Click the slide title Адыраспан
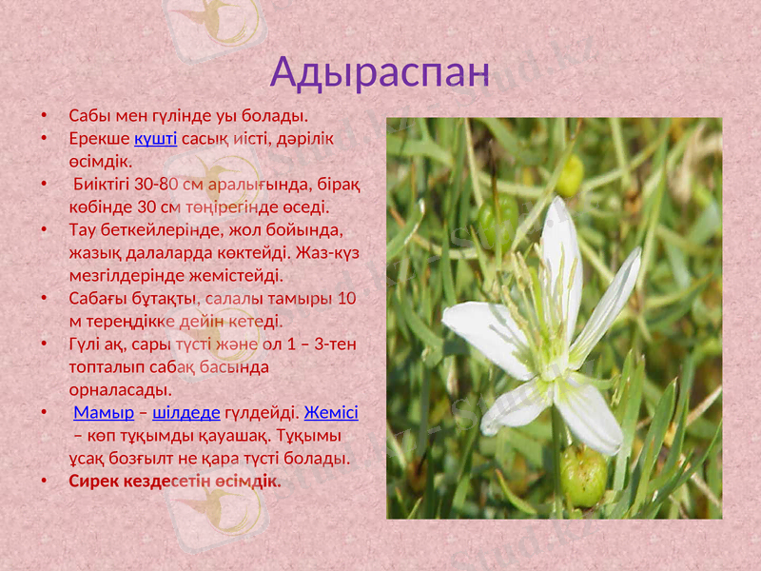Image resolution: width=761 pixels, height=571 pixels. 380,71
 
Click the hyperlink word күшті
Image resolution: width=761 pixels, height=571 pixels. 156,139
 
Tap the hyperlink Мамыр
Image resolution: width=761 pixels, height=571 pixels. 103,413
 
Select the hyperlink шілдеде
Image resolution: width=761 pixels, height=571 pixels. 186,413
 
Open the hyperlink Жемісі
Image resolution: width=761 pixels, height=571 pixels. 331,413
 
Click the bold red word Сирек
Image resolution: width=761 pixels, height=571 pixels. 94,481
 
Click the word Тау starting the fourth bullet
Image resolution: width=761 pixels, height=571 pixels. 83,230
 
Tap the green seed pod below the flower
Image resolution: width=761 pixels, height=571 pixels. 583,476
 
